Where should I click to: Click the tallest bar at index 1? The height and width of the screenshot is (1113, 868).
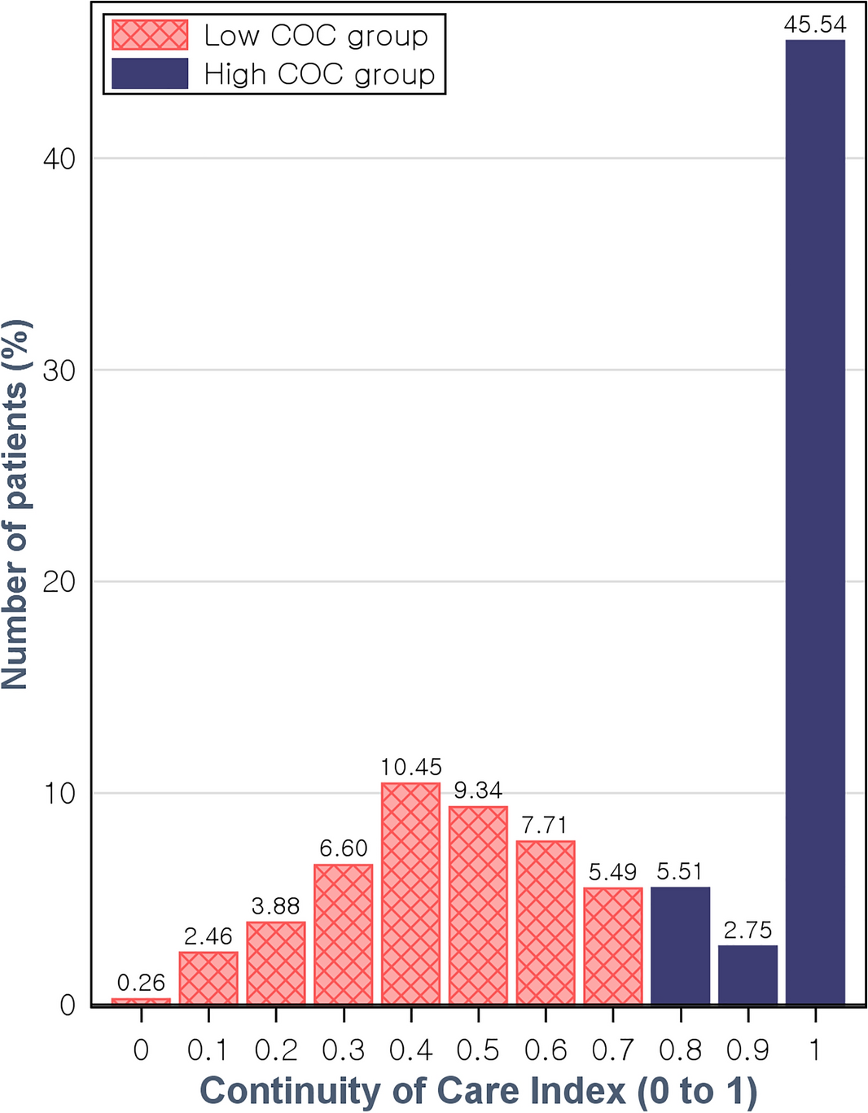pos(815,521)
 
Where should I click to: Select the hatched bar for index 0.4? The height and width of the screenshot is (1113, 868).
pos(410,893)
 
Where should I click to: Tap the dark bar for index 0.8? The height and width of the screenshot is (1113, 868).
pos(680,945)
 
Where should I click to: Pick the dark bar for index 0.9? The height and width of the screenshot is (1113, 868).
pos(747,975)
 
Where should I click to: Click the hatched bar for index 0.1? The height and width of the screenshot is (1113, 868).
pos(208,978)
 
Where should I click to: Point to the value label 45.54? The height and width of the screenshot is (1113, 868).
pos(815,24)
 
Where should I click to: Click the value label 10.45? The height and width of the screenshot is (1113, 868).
pos(410,767)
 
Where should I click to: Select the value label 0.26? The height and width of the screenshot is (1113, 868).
pos(141,983)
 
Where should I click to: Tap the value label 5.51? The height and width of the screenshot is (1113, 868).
pos(680,872)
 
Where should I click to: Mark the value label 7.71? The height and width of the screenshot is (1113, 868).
pos(545,826)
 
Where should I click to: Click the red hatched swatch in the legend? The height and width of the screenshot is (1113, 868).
pos(150,35)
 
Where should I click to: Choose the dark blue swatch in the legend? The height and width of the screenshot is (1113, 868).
pos(150,74)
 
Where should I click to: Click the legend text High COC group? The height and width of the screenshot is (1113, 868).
pos(319,75)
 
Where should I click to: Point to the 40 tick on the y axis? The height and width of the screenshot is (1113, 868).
pos(59,159)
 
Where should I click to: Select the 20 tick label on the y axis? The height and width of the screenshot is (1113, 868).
pos(59,582)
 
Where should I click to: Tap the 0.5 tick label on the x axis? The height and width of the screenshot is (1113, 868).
pos(478,1050)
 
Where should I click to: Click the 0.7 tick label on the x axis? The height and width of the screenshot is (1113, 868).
pos(612,1050)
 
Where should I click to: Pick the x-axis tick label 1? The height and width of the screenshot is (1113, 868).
pos(815,1050)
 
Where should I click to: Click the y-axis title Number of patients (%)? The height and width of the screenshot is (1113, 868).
pos(16,505)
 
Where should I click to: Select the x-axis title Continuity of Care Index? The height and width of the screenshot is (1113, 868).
pos(478,1091)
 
